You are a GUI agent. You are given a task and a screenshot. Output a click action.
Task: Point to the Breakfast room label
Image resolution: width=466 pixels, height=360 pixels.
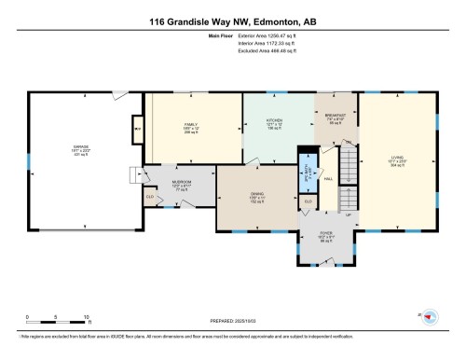[336, 117]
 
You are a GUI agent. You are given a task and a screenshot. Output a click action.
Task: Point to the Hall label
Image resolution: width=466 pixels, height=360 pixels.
[328, 176]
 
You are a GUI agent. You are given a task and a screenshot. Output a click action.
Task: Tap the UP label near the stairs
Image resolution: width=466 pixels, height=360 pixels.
[349, 215]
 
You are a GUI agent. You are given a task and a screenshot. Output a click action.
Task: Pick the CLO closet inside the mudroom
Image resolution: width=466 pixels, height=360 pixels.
[149, 197]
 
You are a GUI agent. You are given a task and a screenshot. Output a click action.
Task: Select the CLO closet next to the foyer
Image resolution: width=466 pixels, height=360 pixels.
[308, 201]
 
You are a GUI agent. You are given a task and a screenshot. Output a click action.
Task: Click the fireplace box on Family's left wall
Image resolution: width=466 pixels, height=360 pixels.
[138, 127]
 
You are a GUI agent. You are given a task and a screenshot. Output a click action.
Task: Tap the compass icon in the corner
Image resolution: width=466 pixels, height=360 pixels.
[430, 317]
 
